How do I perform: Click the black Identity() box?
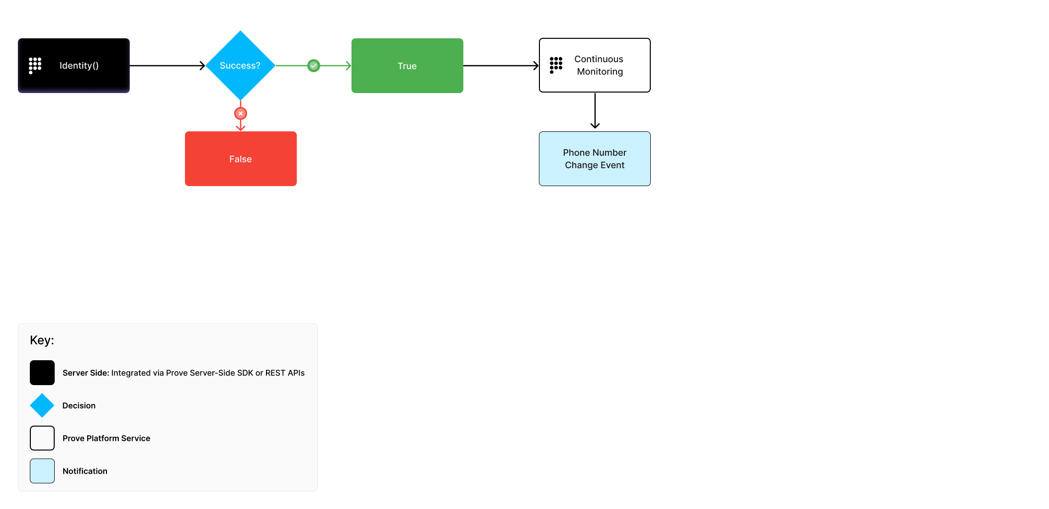click(74, 66)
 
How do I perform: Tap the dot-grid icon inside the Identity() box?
click(35, 65)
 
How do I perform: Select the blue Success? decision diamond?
click(240, 66)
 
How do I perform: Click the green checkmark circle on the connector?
click(314, 66)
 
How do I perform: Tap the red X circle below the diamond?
click(241, 113)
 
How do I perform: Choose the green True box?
click(407, 66)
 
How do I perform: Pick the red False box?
click(241, 159)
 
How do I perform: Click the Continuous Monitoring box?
click(595, 65)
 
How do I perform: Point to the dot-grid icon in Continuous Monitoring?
click(556, 65)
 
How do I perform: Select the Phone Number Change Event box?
click(595, 159)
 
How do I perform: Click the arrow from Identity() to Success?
click(167, 66)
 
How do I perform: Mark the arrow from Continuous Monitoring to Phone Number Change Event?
click(595, 111)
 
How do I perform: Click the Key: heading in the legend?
click(42, 340)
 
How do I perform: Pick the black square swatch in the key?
click(42, 373)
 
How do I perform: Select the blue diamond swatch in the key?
click(42, 406)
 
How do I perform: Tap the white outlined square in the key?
click(42, 438)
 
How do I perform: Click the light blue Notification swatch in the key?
click(42, 471)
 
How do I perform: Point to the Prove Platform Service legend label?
click(106, 438)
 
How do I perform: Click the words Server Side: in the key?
click(86, 373)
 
